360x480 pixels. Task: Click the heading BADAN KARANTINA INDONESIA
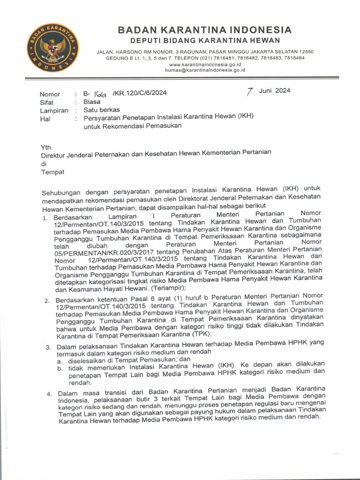[204, 30]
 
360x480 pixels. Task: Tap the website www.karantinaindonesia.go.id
[205, 64]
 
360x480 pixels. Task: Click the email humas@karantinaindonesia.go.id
[205, 70]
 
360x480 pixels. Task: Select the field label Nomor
[50, 94]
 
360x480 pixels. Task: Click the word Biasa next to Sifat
[92, 102]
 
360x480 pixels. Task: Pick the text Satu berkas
[102, 110]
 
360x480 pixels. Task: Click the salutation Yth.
[47, 147]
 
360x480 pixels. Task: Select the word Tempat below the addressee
[53, 172]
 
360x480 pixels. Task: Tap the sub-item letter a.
[60, 362]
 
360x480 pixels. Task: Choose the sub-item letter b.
[60, 370]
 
